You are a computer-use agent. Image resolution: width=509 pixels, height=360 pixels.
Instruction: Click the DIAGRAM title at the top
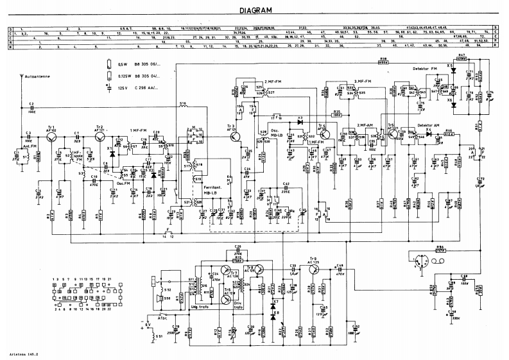(255, 10)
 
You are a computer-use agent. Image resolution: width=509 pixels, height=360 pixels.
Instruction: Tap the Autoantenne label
(39, 76)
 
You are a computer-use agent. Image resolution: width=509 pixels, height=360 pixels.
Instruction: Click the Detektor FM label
(425, 68)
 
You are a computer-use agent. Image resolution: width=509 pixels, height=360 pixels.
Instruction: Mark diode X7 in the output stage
(275, 301)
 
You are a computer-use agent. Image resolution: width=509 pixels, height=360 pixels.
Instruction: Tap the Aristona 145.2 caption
(21, 354)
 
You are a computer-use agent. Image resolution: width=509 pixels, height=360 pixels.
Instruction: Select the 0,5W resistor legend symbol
(110, 65)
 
